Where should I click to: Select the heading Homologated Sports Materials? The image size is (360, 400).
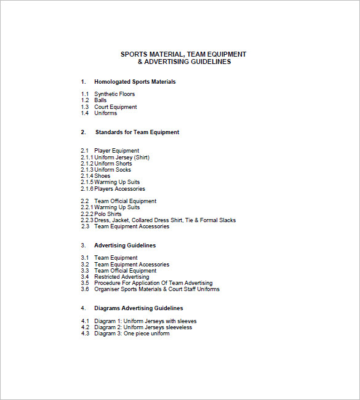[x=135, y=82]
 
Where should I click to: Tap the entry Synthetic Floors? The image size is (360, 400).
[x=114, y=94]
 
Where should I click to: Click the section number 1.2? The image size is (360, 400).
[x=85, y=100]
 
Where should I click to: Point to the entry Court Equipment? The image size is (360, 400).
[x=116, y=107]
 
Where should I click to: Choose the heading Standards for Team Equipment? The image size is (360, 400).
[x=137, y=132]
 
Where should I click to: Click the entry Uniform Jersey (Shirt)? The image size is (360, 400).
[x=122, y=158]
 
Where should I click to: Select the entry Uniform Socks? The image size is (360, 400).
[x=113, y=170]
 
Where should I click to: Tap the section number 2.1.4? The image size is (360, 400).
[x=87, y=176]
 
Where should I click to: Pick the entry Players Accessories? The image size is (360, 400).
[x=119, y=189]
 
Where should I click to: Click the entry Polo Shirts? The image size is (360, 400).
[x=108, y=214]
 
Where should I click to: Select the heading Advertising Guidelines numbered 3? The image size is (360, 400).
[x=125, y=246]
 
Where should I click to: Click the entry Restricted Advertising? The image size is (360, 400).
[x=122, y=277]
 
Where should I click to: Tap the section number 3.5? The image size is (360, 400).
[x=85, y=283]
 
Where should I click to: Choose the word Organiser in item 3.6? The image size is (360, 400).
[x=107, y=289]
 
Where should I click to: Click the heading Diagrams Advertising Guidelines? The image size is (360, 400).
[x=138, y=308]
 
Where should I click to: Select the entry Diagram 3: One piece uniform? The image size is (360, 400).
[x=132, y=334]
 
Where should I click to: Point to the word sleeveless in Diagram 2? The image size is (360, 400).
[x=178, y=327]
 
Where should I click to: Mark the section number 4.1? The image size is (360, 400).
[x=85, y=321]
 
